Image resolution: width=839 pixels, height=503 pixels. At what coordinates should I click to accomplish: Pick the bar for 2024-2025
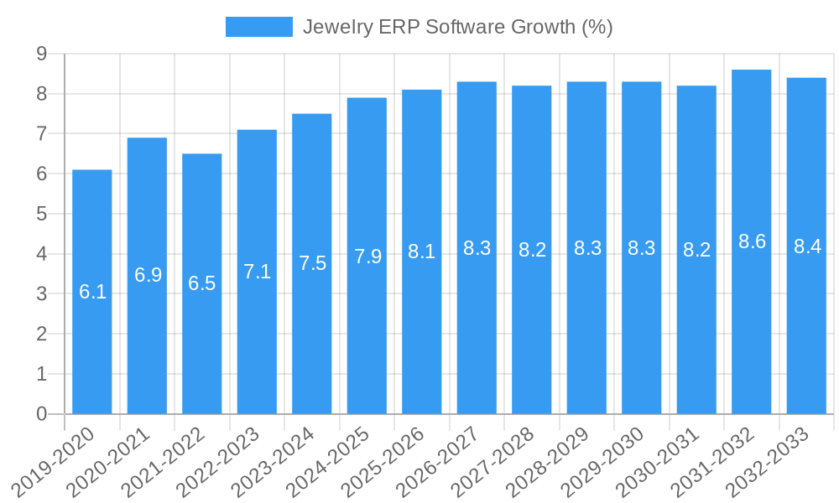tap(367, 256)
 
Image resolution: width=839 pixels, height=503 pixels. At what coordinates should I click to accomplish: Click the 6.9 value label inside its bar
tap(148, 275)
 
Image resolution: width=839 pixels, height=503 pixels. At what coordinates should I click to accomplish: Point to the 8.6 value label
tap(752, 241)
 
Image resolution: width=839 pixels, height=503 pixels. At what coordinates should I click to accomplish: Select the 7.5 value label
tap(312, 263)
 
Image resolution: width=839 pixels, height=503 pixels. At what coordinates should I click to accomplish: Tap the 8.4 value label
tap(807, 246)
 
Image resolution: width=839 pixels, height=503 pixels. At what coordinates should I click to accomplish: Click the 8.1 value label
tap(422, 251)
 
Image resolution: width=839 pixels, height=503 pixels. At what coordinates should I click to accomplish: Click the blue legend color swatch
tap(259, 27)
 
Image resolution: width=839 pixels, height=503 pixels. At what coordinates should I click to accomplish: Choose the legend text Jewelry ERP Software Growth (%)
tap(457, 27)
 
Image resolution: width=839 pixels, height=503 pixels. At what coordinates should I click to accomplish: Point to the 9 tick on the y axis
tap(41, 54)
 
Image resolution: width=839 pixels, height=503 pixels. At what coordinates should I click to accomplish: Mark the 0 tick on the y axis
tap(41, 414)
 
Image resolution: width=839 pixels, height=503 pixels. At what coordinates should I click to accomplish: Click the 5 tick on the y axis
tap(41, 214)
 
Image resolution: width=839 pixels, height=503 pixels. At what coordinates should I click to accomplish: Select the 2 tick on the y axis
tap(41, 334)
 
